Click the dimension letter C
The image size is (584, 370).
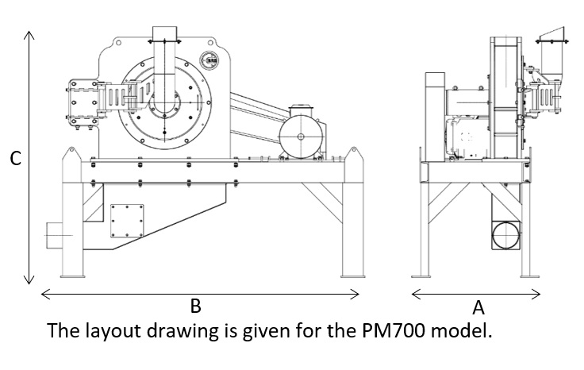click(x=14, y=159)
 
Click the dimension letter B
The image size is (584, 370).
click(x=194, y=305)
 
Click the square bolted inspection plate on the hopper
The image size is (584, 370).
click(x=127, y=220)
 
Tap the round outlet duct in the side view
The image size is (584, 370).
click(x=505, y=236)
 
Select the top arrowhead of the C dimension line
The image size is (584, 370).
click(x=29, y=36)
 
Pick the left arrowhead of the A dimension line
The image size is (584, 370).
click(x=416, y=295)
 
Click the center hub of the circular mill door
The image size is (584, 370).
click(x=169, y=103)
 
